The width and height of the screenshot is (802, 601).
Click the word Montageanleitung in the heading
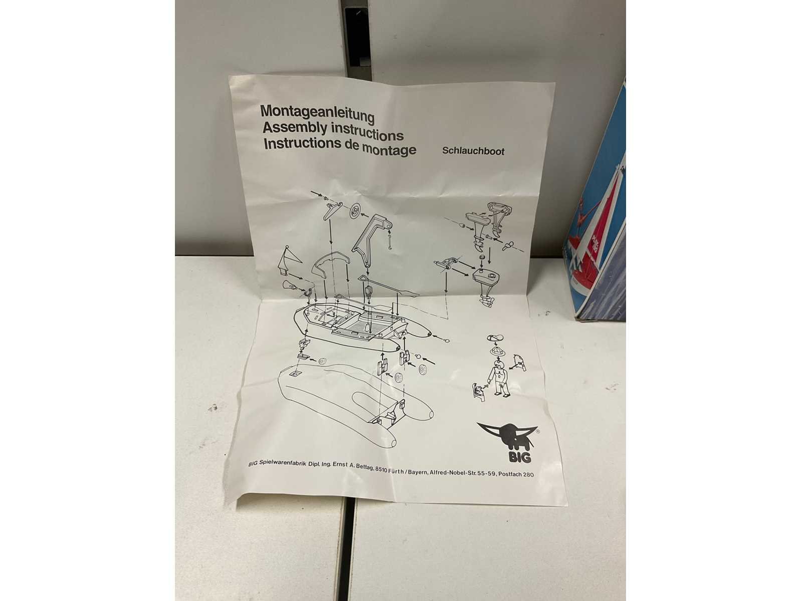[x=317, y=114]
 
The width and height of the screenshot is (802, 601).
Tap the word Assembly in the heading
[x=295, y=128]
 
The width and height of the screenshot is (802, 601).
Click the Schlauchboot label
[x=473, y=151]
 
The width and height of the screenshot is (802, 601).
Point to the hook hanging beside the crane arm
[x=389, y=242]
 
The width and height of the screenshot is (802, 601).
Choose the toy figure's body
[x=498, y=377]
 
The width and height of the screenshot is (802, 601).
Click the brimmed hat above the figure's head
[x=498, y=351]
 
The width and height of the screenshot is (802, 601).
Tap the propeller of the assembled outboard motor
[x=487, y=302]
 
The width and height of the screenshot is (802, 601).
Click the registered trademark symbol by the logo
[x=537, y=431]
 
